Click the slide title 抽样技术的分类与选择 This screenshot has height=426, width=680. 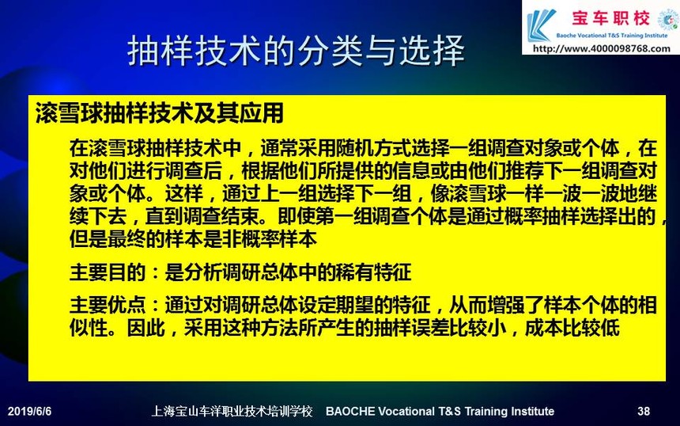click(x=297, y=51)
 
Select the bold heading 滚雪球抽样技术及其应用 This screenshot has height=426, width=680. click(x=159, y=113)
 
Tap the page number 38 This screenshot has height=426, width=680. click(x=644, y=411)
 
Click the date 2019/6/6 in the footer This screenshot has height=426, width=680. click(x=29, y=411)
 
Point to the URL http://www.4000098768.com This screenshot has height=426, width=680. click(x=602, y=48)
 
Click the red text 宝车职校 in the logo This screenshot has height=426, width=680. click(x=610, y=18)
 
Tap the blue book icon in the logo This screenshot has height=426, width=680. click(x=540, y=25)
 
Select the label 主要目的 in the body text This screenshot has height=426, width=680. click(x=107, y=273)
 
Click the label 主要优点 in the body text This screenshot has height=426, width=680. click(x=107, y=306)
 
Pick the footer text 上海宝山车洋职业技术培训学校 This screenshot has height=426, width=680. click(x=232, y=411)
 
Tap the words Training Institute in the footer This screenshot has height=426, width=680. click(x=509, y=411)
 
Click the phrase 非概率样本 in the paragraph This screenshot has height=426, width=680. click(x=269, y=239)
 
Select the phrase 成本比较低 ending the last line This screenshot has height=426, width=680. click(x=572, y=328)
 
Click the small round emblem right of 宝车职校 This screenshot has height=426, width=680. click(x=668, y=20)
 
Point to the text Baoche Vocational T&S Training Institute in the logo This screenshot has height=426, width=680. click(x=611, y=35)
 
